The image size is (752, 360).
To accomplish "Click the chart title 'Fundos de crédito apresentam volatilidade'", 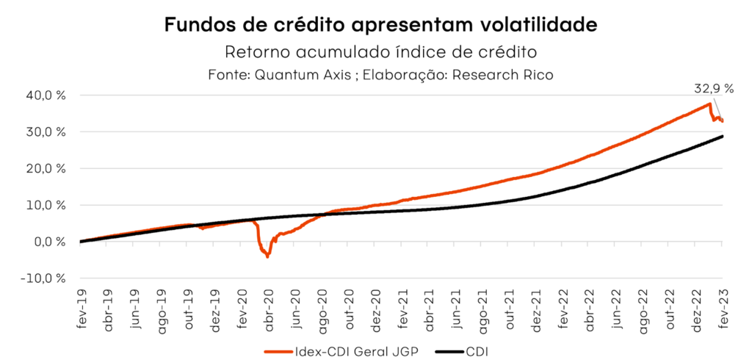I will click(380, 25).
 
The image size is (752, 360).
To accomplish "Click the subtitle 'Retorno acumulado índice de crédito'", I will click(382, 53).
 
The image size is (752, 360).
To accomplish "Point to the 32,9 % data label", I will click(713, 89).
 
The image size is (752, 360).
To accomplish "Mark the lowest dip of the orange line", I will click(267, 256).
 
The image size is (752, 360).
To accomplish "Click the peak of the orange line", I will click(710, 104).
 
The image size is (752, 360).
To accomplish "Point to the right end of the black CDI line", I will click(723, 136).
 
